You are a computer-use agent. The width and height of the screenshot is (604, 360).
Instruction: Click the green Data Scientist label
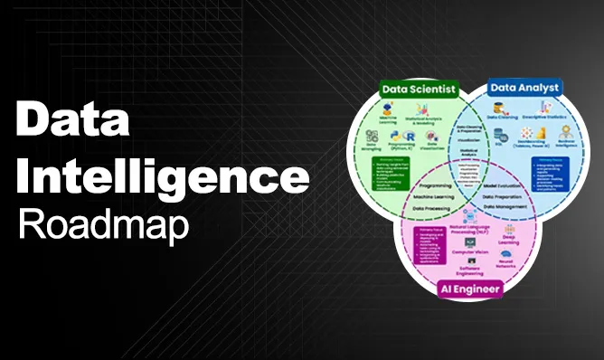[418, 89]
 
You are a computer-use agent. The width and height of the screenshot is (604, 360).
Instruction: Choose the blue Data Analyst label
[524, 88]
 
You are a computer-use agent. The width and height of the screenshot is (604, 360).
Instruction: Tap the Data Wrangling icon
[372, 136]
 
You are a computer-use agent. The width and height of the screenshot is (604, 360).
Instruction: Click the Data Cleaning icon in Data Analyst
[501, 109]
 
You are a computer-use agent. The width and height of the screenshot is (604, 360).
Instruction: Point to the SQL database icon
[499, 133]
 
